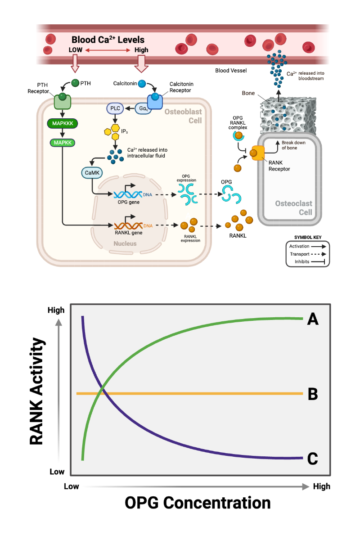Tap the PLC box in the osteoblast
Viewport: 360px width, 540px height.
114,108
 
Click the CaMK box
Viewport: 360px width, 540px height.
91,172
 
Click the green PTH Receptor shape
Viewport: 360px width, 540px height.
63,102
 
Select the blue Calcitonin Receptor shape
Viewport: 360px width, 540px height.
155,102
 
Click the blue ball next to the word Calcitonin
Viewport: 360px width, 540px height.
141,83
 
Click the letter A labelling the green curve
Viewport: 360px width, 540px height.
313,320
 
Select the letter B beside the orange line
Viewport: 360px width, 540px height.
313,394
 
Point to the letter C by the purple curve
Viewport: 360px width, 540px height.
313,459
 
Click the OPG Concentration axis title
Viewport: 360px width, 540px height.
198,503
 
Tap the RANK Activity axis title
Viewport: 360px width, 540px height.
36,391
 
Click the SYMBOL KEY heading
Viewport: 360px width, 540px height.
308,237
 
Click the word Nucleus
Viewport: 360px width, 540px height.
125,243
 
